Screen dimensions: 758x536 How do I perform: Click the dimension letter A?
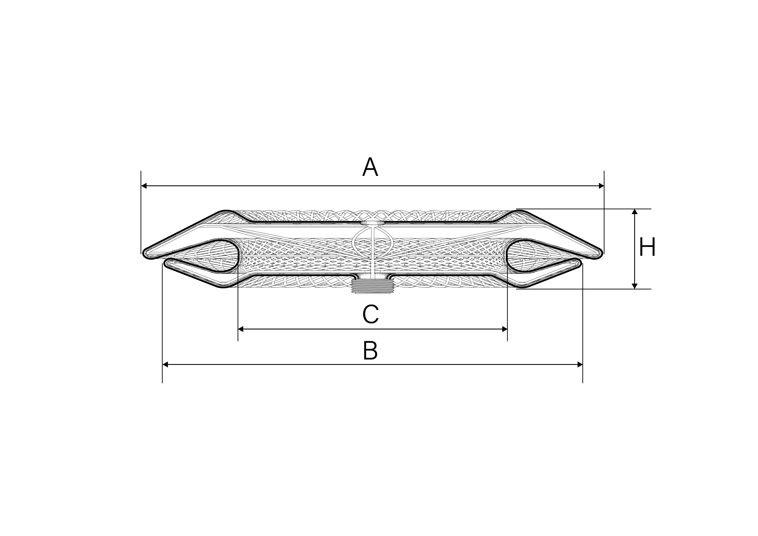coord(370,167)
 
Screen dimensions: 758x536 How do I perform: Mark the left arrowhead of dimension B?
coord(165,364)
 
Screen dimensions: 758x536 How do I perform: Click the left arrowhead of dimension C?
coord(241,329)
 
